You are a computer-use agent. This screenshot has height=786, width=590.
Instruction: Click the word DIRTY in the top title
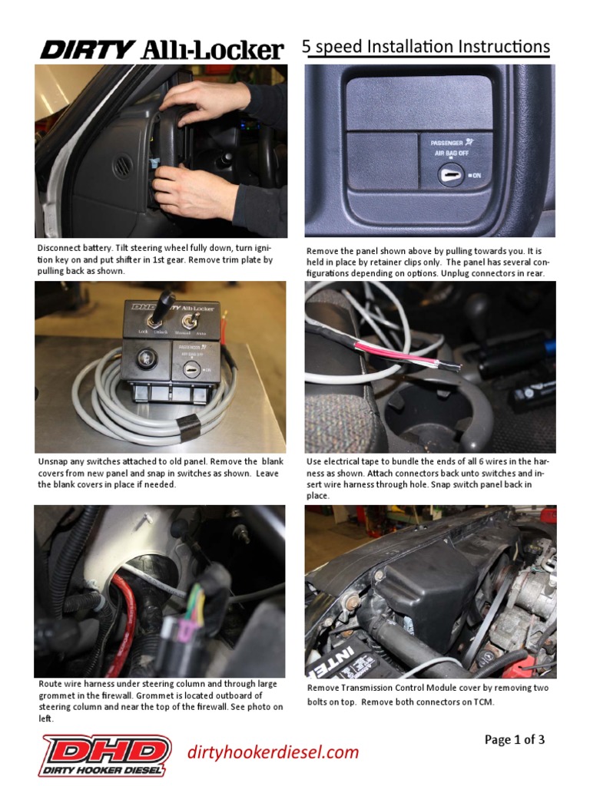click(87, 51)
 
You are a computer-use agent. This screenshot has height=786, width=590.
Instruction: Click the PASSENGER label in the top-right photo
click(440, 143)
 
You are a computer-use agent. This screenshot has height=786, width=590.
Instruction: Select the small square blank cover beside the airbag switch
click(382, 160)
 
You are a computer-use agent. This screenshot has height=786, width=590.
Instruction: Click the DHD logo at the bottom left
click(105, 754)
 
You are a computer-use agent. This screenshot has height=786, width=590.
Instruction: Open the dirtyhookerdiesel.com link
click(273, 751)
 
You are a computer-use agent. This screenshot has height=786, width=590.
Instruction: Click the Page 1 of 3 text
click(514, 740)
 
